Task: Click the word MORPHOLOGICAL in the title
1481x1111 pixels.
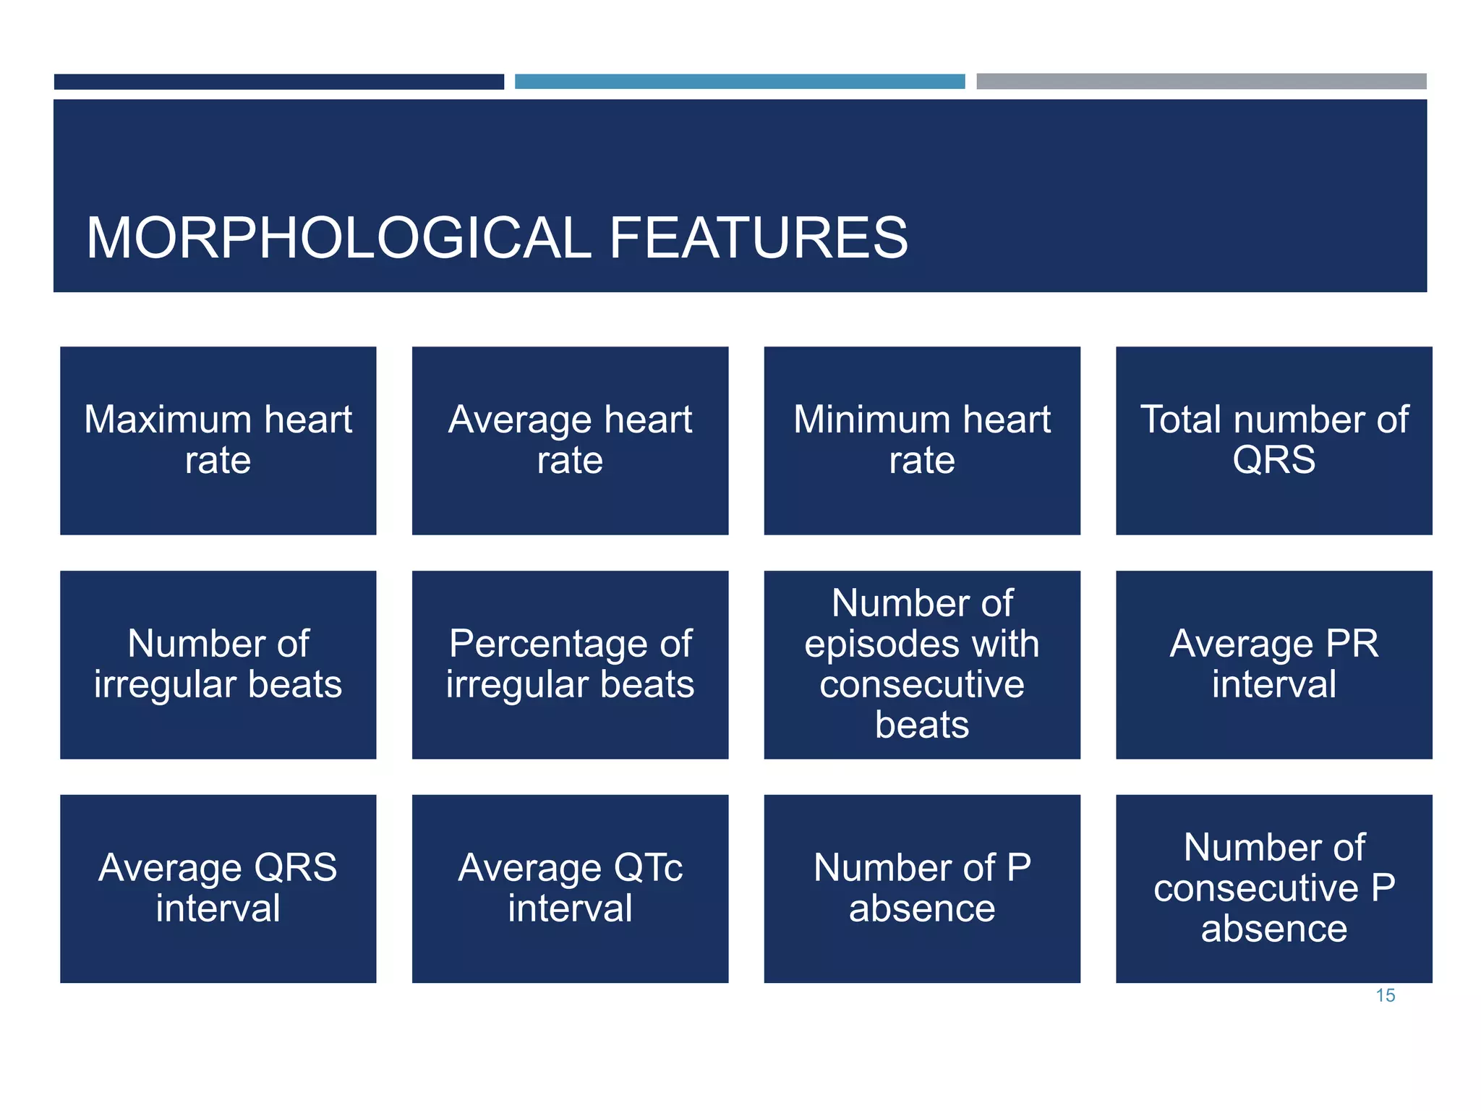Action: [x=338, y=238]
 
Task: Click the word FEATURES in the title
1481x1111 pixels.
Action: [x=759, y=238]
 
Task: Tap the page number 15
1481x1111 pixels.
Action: [x=1385, y=995]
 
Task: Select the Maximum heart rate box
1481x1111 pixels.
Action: [x=218, y=440]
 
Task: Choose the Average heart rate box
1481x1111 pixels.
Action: [x=570, y=440]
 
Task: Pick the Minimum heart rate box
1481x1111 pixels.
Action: [x=922, y=440]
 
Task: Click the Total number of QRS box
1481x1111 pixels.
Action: [x=1273, y=440]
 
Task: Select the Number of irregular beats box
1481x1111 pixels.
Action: [x=218, y=665]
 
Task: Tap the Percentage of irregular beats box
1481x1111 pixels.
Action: [x=570, y=665]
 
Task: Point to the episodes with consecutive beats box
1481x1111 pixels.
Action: [x=922, y=665]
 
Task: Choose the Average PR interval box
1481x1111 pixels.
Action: [x=1273, y=665]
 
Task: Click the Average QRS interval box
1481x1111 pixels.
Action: [x=218, y=888]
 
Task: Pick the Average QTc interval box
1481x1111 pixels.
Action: [x=570, y=888]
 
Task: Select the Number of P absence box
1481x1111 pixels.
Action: [x=922, y=888]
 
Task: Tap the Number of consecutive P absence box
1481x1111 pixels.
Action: [x=1273, y=888]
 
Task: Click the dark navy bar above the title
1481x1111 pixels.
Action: [x=278, y=82]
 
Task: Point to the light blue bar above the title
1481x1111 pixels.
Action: [x=740, y=82]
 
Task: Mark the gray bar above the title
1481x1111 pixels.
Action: [x=1201, y=81]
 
